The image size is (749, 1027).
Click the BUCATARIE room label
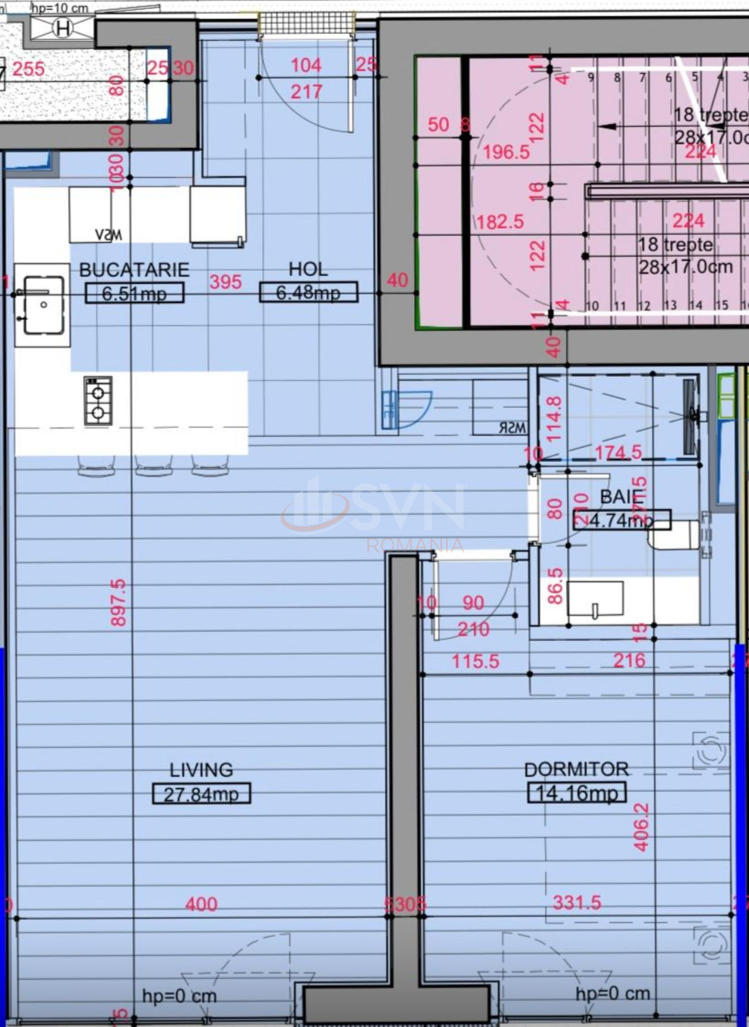(134, 270)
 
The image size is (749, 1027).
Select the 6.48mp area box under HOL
(308, 292)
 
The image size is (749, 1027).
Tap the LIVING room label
(201, 770)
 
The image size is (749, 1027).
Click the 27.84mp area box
(201, 794)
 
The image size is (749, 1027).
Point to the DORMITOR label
(577, 769)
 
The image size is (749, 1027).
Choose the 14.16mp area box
(577, 793)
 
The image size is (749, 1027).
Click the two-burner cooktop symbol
(98, 401)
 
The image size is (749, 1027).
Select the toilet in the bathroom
(675, 534)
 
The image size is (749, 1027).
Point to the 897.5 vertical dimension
(119, 603)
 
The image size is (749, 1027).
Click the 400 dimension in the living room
(201, 904)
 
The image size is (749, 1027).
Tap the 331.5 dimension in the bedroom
(577, 902)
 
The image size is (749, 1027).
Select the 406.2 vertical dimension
(641, 827)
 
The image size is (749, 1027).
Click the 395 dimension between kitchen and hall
(225, 281)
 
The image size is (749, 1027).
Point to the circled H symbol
(62, 28)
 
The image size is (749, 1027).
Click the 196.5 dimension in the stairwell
(506, 151)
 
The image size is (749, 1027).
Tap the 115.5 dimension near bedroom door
(476, 661)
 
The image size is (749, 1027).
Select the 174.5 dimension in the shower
(618, 452)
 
